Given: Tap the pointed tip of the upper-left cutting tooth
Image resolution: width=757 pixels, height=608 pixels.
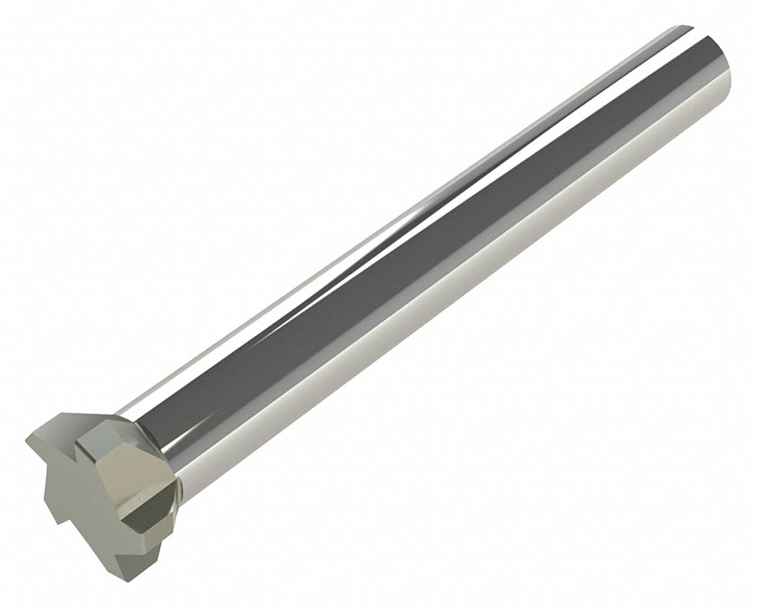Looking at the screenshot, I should point(31,439).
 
